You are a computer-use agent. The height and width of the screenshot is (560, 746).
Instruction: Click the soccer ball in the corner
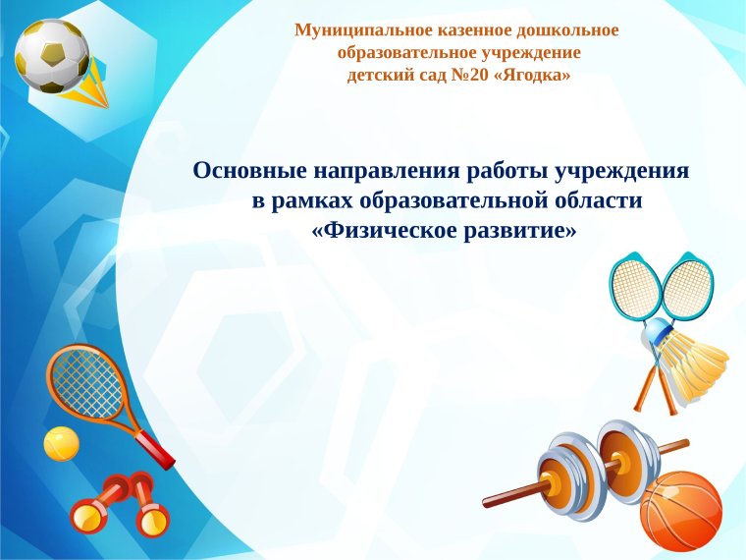(x=51, y=55)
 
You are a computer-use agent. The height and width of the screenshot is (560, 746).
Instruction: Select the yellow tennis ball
(x=61, y=444)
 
